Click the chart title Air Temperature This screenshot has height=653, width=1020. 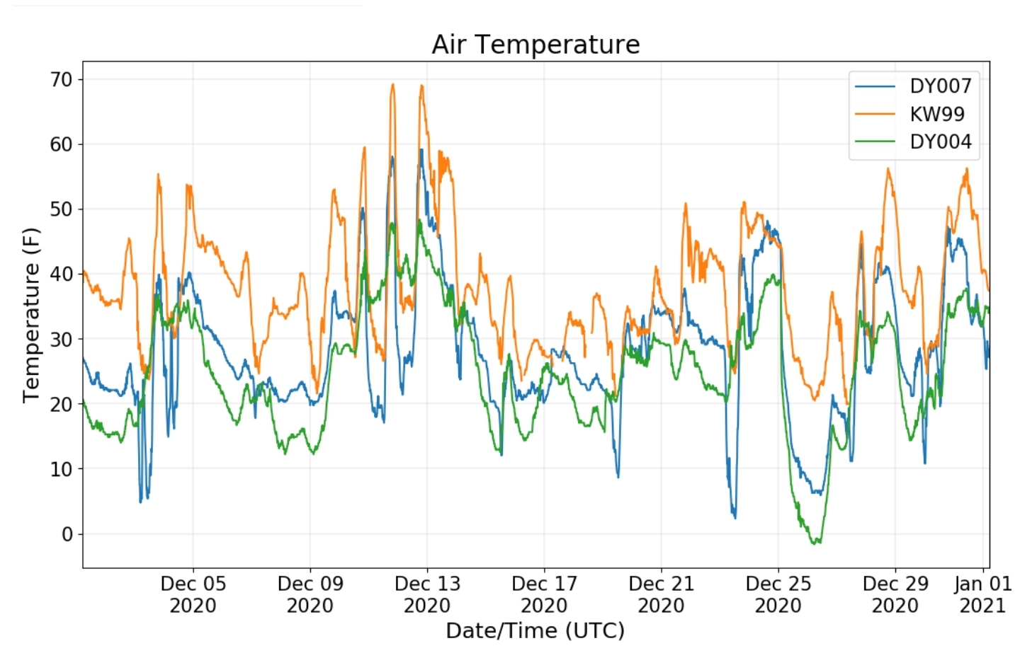pyautogui.click(x=535, y=45)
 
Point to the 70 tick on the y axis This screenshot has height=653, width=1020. pyautogui.click(x=62, y=79)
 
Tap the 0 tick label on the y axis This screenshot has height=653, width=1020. pyautogui.click(x=67, y=534)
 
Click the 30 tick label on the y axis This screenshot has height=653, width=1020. pyautogui.click(x=62, y=339)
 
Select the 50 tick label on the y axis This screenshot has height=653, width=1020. pyautogui.click(x=62, y=209)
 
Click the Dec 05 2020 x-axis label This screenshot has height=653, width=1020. pyautogui.click(x=193, y=594)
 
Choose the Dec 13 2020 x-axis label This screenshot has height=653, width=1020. pyautogui.click(x=428, y=594)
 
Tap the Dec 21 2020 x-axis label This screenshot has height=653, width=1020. pyautogui.click(x=661, y=594)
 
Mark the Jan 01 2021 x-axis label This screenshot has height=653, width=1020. pyautogui.click(x=982, y=594)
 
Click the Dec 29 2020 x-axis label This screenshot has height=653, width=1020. pyautogui.click(x=895, y=594)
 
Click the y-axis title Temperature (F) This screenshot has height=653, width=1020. pyautogui.click(x=31, y=315)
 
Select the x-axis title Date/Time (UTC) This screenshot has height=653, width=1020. pyautogui.click(x=535, y=631)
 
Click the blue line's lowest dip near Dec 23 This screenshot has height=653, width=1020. pyautogui.click(x=735, y=517)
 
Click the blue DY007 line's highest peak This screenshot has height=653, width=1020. pyautogui.click(x=421, y=150)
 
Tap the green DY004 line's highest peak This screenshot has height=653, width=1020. pyautogui.click(x=419, y=221)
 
